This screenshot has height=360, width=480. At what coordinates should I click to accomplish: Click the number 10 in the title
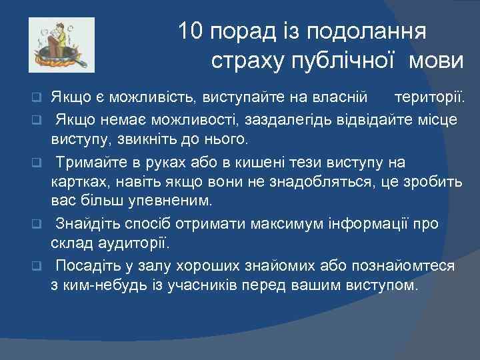pyautogui.click(x=191, y=31)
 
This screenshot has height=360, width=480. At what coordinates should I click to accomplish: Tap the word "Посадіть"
pyautogui.click(x=87, y=266)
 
